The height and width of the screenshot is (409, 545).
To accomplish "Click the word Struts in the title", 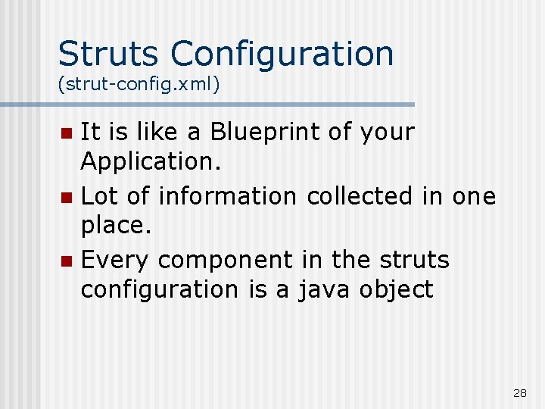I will click(109, 54).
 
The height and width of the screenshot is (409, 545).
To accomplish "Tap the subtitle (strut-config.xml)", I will click(139, 84).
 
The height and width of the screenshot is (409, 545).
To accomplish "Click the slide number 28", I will click(520, 392).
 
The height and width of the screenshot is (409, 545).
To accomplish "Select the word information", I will click(228, 196).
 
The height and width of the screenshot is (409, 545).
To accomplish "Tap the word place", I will click(115, 226).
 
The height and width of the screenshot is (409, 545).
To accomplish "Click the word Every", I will click(115, 261).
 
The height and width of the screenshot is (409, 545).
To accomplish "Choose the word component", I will click(225, 261).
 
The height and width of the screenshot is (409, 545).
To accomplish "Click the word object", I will click(397, 290).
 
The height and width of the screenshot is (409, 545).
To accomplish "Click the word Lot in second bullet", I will click(100, 196).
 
